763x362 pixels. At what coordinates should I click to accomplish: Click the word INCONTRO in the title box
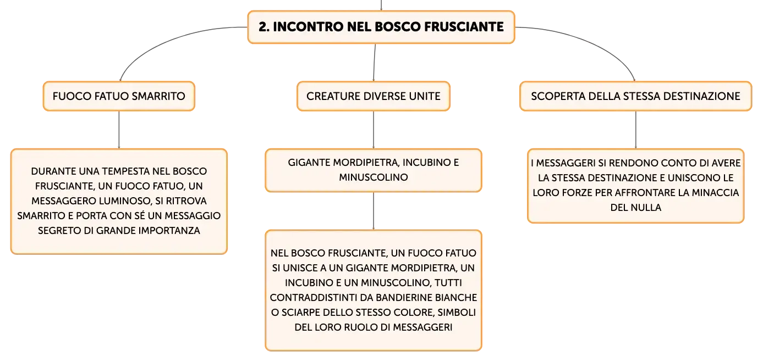[x=308, y=27]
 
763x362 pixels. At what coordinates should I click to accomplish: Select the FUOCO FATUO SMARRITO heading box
[x=119, y=96]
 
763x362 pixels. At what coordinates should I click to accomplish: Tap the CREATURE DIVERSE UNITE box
[x=374, y=96]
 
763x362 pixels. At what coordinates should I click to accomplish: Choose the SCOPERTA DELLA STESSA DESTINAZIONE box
[x=635, y=96]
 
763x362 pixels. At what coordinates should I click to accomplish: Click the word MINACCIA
[x=715, y=193]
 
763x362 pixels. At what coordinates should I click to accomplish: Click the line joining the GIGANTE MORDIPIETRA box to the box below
[x=374, y=211]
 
